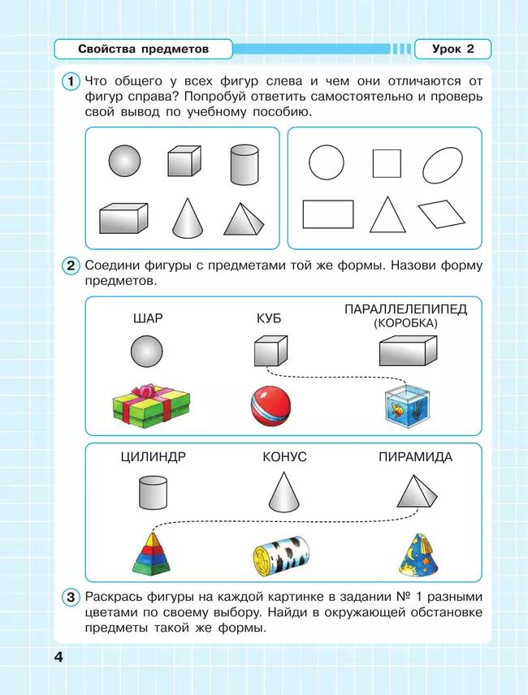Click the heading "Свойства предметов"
(x=144, y=49)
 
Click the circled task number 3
(x=71, y=598)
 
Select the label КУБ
(x=268, y=318)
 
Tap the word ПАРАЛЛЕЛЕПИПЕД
(x=405, y=309)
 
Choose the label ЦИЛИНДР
(x=152, y=457)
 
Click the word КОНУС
(x=284, y=457)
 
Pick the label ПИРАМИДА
(x=415, y=457)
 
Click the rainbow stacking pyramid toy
(x=152, y=550)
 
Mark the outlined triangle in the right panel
(x=387, y=215)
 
